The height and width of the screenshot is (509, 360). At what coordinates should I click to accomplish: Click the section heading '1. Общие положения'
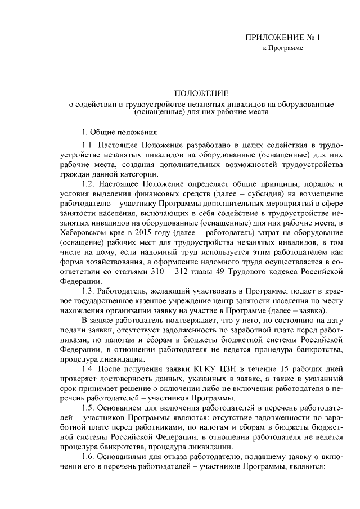(119, 133)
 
